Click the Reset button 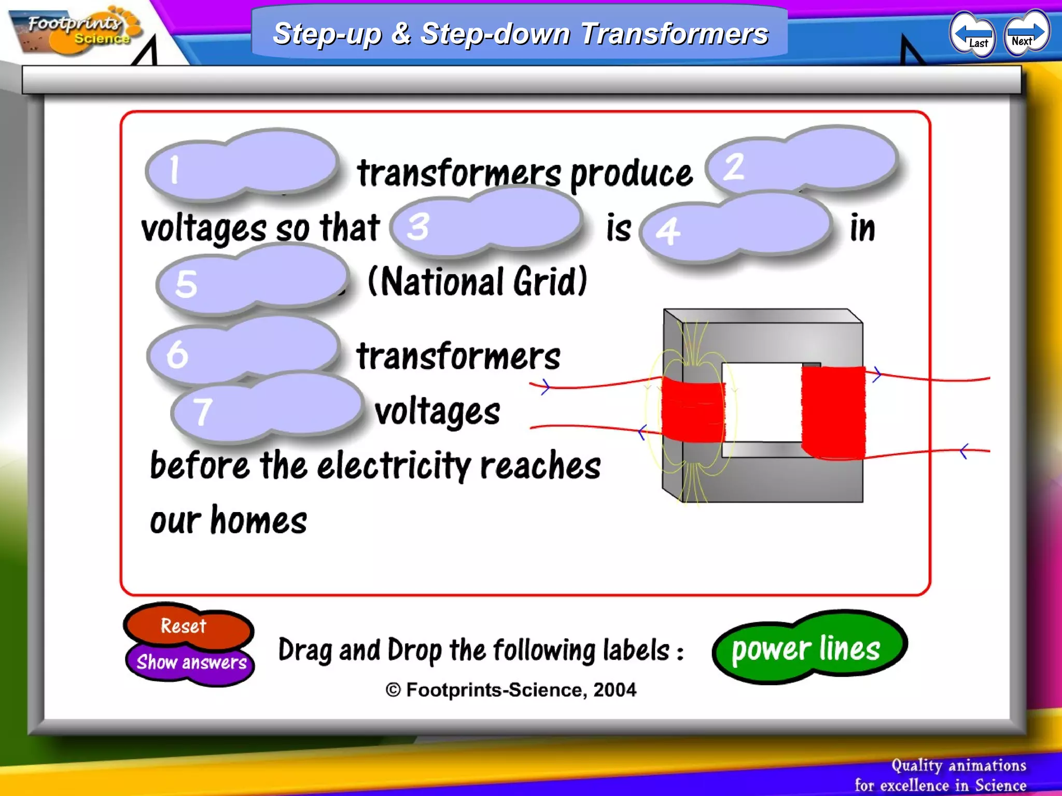(185, 626)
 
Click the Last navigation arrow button (973, 34)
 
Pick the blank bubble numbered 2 (803, 161)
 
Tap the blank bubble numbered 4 (736, 228)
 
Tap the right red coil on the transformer (833, 413)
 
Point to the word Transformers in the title (674, 34)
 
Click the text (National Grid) (477, 282)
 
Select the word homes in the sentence (259, 521)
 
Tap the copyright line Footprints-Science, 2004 (511, 690)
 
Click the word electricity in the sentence (394, 465)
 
